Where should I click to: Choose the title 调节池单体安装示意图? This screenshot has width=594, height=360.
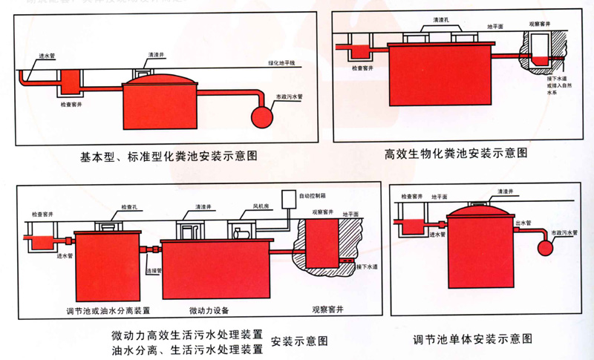pyautogui.click(x=473, y=340)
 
